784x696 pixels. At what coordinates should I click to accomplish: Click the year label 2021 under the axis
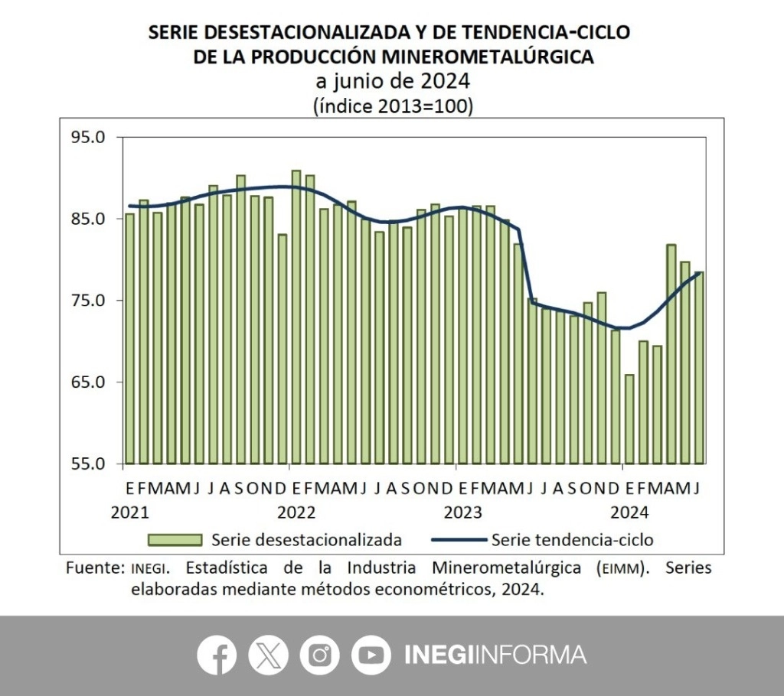pyautogui.click(x=130, y=511)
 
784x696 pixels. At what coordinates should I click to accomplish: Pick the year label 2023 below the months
pyautogui.click(x=463, y=511)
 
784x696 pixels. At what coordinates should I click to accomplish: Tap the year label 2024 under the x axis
pyautogui.click(x=630, y=511)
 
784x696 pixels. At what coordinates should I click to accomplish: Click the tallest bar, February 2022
pyautogui.click(x=296, y=317)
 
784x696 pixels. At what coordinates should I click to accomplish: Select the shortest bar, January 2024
pyautogui.click(x=629, y=419)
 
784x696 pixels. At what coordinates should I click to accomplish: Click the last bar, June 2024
pyautogui.click(x=699, y=367)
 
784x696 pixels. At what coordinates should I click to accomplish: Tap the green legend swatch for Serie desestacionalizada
pyautogui.click(x=175, y=540)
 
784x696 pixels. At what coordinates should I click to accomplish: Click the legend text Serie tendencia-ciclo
pyautogui.click(x=572, y=540)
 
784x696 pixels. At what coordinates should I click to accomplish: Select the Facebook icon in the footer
pyautogui.click(x=217, y=655)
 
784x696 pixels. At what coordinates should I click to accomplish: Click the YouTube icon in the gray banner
pyautogui.click(x=371, y=655)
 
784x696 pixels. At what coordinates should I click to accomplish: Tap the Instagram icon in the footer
pyautogui.click(x=319, y=655)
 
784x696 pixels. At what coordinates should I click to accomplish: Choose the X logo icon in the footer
pyautogui.click(x=268, y=655)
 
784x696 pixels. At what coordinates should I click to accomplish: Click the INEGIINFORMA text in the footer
pyautogui.click(x=495, y=655)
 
